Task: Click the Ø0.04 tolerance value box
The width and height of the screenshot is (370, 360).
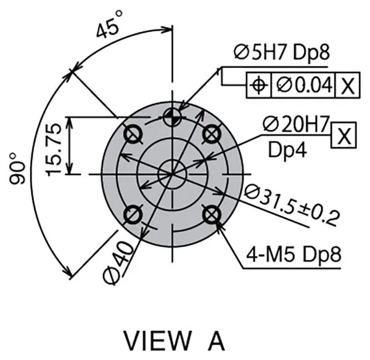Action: [303, 85]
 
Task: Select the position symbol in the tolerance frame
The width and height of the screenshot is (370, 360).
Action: [258, 85]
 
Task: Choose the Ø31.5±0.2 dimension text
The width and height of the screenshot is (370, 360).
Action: [292, 204]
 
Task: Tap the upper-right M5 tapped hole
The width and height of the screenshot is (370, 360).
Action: [212, 133]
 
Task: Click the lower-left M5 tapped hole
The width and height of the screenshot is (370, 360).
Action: [133, 214]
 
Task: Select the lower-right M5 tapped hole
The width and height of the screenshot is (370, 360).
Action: [212, 214]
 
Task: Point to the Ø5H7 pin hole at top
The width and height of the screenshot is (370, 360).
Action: [173, 115]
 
